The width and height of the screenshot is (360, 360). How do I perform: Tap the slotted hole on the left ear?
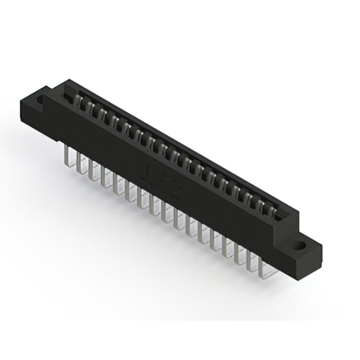tap(41, 101)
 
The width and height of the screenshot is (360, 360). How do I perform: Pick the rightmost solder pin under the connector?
tap(264, 268)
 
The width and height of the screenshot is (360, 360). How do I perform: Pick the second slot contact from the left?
tap(83, 105)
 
